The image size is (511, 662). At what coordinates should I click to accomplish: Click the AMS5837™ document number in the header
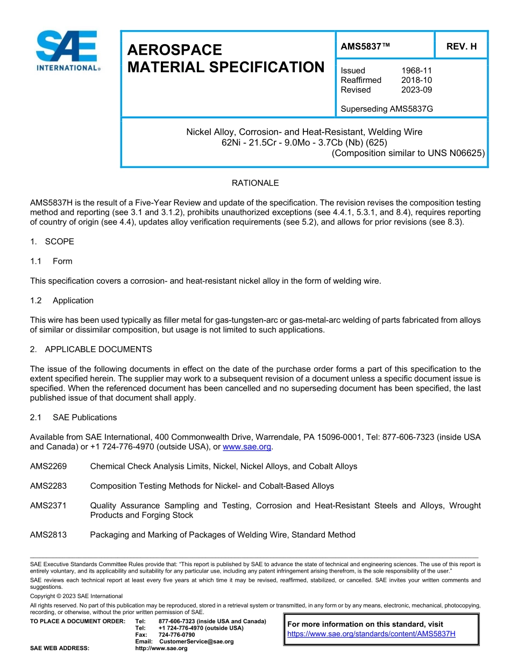point(365,47)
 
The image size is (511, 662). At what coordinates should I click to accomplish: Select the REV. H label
point(461,47)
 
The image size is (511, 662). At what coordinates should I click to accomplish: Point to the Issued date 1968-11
point(416,71)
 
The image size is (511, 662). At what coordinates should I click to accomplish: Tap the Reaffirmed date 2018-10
point(416,80)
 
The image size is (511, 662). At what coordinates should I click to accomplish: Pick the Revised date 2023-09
point(416,90)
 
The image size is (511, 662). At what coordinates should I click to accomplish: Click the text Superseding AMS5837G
point(387,109)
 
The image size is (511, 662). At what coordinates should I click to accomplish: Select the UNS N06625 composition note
point(408,153)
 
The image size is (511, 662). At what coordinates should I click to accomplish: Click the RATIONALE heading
point(255,183)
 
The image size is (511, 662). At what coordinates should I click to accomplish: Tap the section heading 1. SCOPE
point(52,242)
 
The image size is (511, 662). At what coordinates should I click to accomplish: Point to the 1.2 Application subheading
point(62,300)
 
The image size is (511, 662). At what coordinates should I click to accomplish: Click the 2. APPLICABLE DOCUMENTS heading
point(91,349)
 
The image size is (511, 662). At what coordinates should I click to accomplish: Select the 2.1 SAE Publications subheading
point(73,417)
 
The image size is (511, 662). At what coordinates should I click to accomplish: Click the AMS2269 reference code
point(48,466)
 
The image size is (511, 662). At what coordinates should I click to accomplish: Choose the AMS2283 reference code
point(48,486)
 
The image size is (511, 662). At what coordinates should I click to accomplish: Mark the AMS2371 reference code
point(48,505)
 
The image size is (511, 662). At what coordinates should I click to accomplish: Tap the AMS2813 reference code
point(48,534)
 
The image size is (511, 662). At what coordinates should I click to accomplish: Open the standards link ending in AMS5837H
point(371,633)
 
